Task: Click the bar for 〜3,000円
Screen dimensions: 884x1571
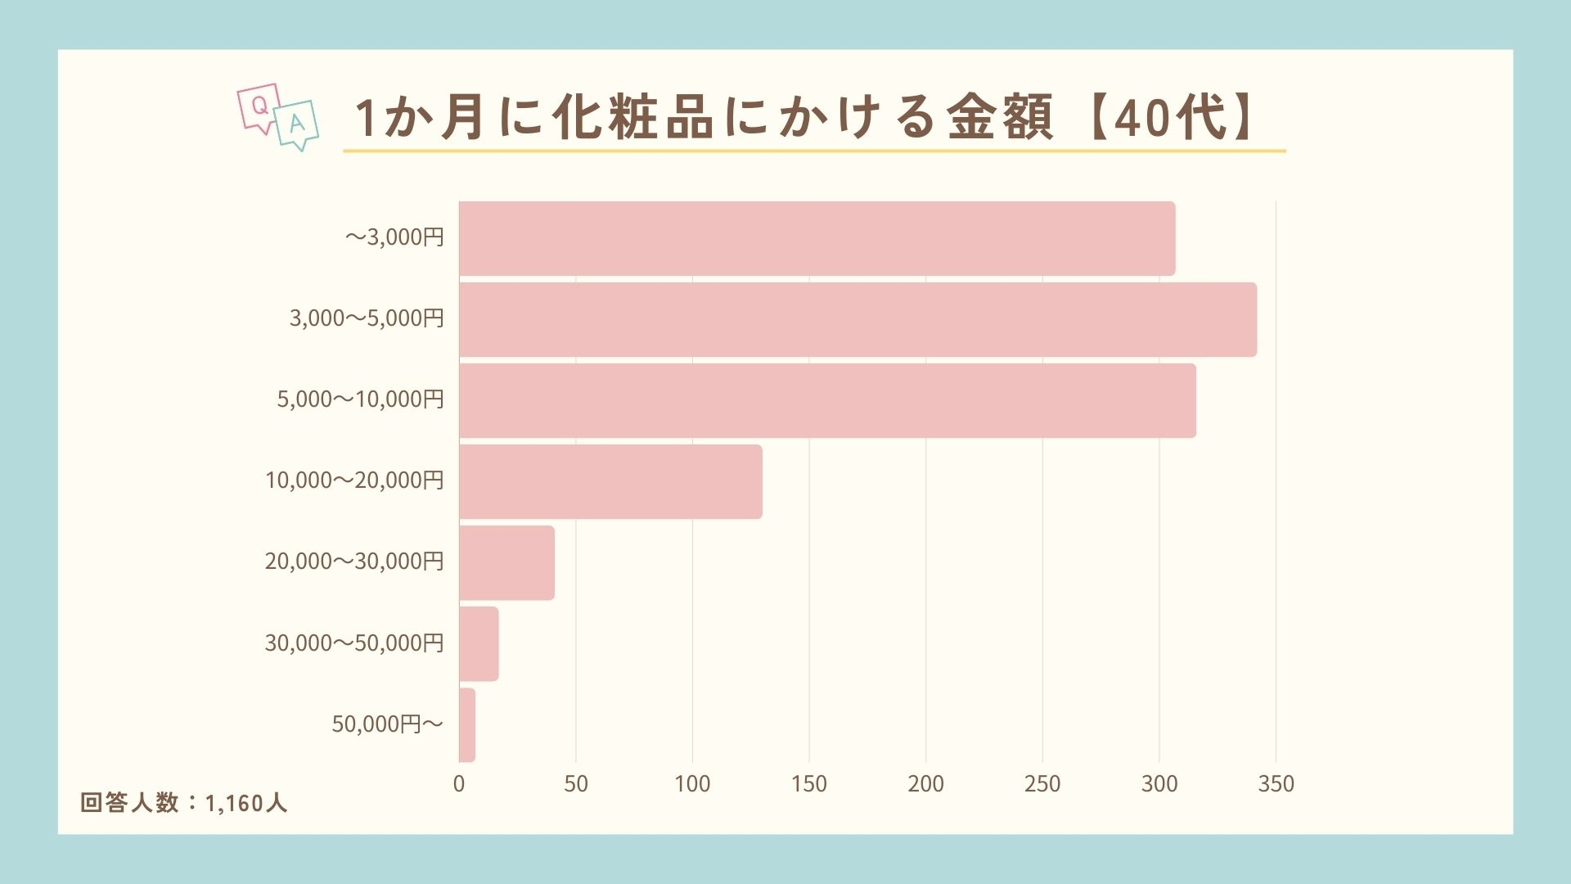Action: (817, 238)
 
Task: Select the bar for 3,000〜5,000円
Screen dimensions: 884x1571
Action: (858, 319)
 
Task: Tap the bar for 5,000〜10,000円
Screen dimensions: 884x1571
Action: (827, 400)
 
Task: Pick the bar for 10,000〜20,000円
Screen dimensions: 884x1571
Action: (610, 481)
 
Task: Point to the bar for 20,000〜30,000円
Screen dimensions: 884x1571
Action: (506, 562)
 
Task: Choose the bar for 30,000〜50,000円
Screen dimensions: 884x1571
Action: (479, 643)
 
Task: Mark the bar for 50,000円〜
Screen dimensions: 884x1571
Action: (467, 724)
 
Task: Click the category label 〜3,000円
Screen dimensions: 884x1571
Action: (394, 237)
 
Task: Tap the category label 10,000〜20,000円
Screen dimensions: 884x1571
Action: (354, 480)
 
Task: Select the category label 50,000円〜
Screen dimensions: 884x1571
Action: (387, 724)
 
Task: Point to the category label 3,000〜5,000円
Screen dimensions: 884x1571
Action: (367, 318)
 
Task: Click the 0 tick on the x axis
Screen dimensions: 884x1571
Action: (459, 784)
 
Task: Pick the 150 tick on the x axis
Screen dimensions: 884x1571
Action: (808, 784)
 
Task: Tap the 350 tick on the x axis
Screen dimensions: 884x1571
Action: (1276, 784)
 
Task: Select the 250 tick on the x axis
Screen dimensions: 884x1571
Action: (1042, 784)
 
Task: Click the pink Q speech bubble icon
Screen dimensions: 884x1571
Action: (259, 107)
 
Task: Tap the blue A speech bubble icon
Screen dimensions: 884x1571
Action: (296, 125)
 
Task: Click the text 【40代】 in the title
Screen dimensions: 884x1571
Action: (1170, 117)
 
